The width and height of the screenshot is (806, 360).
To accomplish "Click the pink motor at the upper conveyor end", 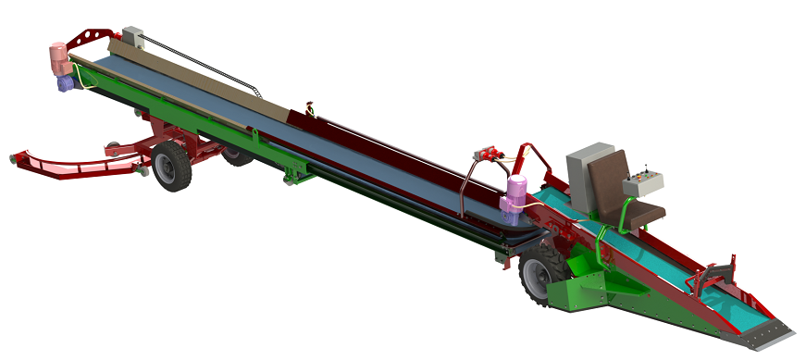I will pyautogui.click(x=59, y=59).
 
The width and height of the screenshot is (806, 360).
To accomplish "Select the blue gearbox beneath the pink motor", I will pyautogui.click(x=66, y=82).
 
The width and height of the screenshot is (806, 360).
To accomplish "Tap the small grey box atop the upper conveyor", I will pyautogui.click(x=133, y=38).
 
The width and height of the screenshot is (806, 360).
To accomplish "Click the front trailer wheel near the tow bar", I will pyautogui.click(x=172, y=167).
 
